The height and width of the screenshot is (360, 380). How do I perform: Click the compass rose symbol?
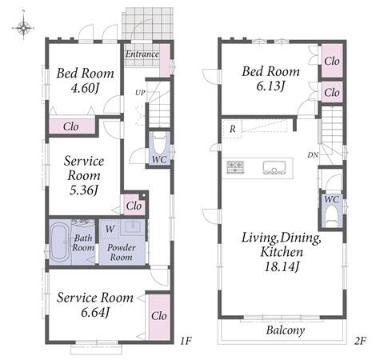click(23, 27)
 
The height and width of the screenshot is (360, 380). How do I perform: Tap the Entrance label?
click(142, 54)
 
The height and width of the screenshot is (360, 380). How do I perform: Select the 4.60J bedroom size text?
click(85, 88)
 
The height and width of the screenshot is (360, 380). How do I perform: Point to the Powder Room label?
click(122, 252)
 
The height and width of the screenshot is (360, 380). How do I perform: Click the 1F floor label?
click(186, 341)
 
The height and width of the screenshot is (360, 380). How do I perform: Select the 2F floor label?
click(360, 341)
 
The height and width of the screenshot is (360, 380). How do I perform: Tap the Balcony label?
click(286, 330)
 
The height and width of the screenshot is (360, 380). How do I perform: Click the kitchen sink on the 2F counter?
click(274, 168)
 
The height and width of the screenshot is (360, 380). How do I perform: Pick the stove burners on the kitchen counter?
click(235, 167)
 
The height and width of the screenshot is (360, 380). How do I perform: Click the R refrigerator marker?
click(233, 130)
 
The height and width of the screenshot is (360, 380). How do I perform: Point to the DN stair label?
click(313, 154)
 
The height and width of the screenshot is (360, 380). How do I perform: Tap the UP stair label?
click(140, 93)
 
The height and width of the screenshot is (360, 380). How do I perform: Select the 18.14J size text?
click(282, 266)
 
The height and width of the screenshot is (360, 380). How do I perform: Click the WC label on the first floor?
click(159, 159)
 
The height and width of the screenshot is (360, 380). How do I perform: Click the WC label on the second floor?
click(331, 199)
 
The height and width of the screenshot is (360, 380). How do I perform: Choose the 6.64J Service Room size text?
click(95, 312)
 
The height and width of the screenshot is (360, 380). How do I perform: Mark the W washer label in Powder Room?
click(110, 229)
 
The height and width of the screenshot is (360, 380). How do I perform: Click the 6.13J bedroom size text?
click(270, 86)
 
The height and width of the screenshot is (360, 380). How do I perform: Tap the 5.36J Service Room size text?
click(84, 190)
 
